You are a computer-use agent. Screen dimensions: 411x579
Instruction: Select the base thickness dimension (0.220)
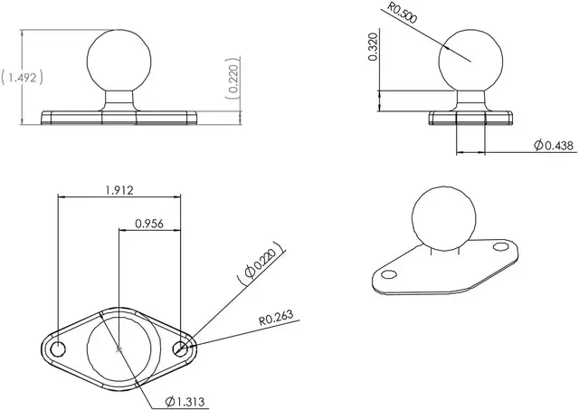(x=233, y=80)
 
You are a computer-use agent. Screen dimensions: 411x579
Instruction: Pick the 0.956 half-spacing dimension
(x=149, y=223)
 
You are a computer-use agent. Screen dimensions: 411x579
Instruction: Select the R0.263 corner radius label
(x=278, y=318)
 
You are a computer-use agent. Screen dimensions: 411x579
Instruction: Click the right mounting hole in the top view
(x=181, y=348)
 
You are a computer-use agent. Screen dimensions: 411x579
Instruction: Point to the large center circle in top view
(x=119, y=348)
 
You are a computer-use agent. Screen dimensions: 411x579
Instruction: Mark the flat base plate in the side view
(x=470, y=117)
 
